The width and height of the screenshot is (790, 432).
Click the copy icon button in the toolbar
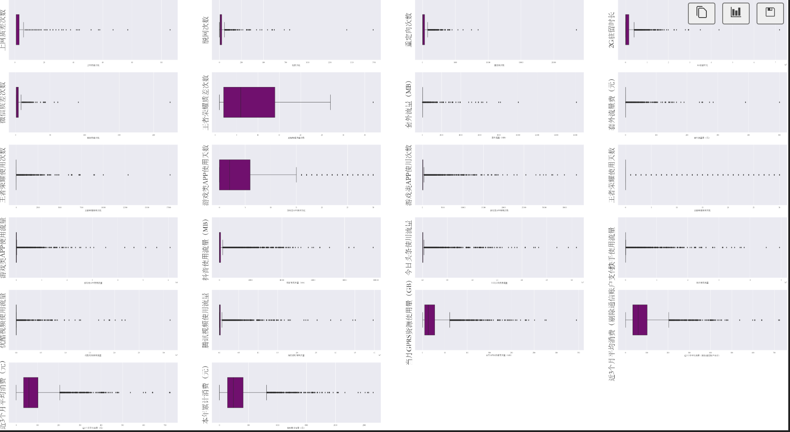(702, 13)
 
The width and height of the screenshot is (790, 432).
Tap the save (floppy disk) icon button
(770, 13)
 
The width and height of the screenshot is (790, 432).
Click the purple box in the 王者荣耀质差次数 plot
(249, 102)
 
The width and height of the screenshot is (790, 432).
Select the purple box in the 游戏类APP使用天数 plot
(235, 175)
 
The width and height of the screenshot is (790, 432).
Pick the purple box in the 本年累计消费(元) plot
(235, 393)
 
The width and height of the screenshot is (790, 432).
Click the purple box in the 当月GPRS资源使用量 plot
(429, 320)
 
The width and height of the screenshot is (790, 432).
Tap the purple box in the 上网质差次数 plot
(18, 30)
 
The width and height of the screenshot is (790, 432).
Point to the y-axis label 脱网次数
(205, 30)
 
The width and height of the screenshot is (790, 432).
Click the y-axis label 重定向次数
(408, 30)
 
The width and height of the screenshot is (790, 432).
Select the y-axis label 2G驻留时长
(612, 30)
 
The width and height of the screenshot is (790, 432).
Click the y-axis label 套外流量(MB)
(408, 104)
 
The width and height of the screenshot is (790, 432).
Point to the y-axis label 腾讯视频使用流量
(205, 320)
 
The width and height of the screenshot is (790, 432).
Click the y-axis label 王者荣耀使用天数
(612, 175)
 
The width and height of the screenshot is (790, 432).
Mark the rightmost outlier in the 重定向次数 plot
(576, 30)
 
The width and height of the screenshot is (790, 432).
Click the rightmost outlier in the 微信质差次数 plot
(170, 102)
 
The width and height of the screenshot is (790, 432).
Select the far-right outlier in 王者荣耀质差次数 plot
(373, 102)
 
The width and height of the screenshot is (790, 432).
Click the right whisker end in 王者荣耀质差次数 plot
(330, 102)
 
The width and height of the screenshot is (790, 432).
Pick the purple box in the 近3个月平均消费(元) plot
(30, 393)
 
